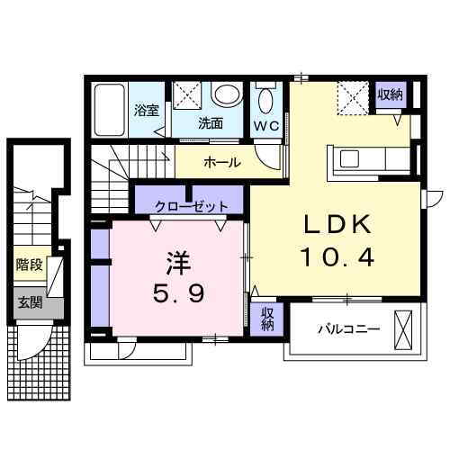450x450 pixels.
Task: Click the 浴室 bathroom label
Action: pos(146,112)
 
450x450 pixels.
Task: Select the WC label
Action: pos(265,124)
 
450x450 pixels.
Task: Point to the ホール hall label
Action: pos(221,163)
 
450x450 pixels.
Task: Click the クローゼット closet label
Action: pos(191,206)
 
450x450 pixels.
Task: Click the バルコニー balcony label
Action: pos(347,329)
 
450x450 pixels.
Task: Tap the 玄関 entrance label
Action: pos(29,302)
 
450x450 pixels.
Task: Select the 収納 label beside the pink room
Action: pos(268,318)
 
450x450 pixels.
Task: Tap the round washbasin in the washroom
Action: pos(225,95)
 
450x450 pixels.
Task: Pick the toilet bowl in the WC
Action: pos(266,98)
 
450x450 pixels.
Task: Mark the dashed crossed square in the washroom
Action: pos(187,96)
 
